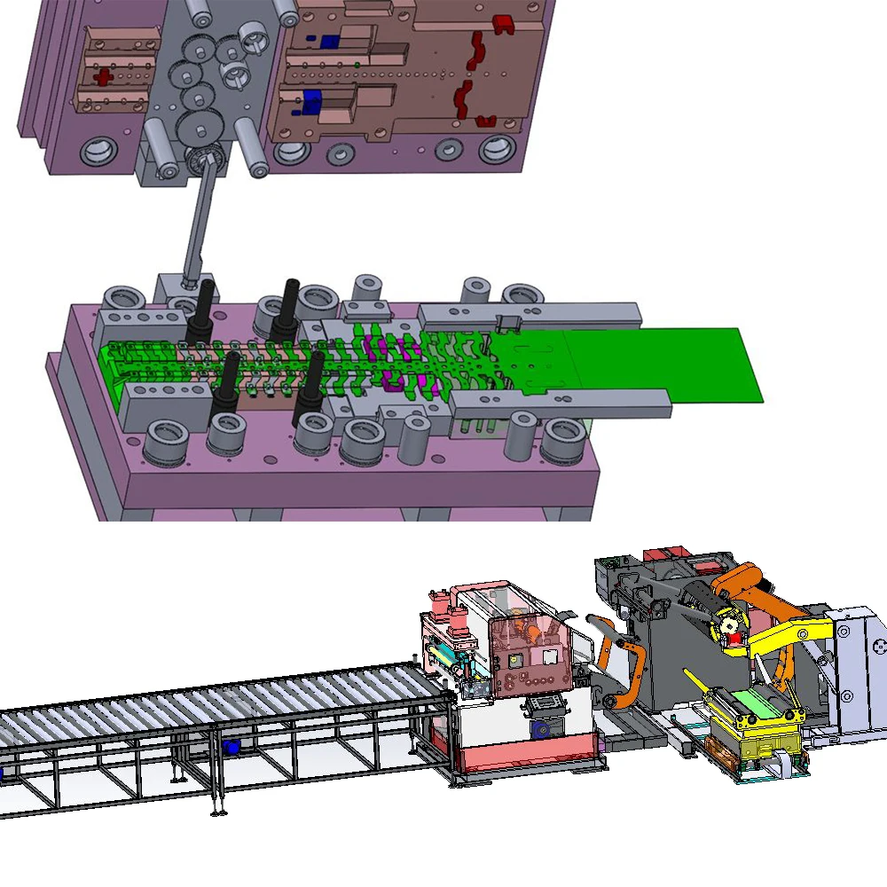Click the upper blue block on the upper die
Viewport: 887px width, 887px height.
point(329,41)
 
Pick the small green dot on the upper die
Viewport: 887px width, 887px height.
point(357,64)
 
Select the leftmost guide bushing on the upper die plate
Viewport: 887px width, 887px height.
point(96,150)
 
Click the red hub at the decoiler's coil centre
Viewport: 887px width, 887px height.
point(731,629)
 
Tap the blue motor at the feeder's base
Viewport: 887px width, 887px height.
point(539,729)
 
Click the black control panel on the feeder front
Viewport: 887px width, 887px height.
point(542,706)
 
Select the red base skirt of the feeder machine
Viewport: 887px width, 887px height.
point(523,758)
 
